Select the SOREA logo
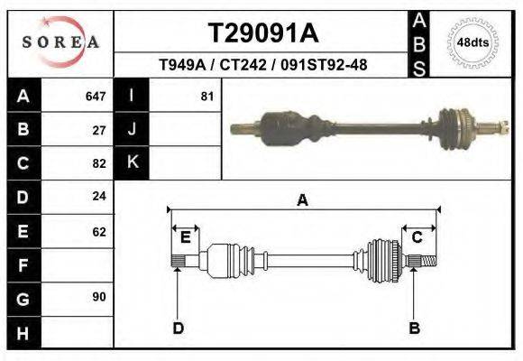pos(60,42)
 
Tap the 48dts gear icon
pos(473,42)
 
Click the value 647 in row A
pos(96,96)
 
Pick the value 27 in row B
pos(99,130)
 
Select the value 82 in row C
pos(99,164)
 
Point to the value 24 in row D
pos(99,196)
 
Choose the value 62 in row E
pos(99,232)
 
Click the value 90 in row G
pos(99,297)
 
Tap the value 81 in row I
pos(206,96)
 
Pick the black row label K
pos(133,162)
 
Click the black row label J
pos(133,129)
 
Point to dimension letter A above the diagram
pos(303,200)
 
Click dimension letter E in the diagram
pos(185,237)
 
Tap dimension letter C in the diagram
pos(417,237)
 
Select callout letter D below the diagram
pos(178,328)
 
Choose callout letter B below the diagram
pos(415,328)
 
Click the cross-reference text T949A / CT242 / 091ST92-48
pos(262,65)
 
